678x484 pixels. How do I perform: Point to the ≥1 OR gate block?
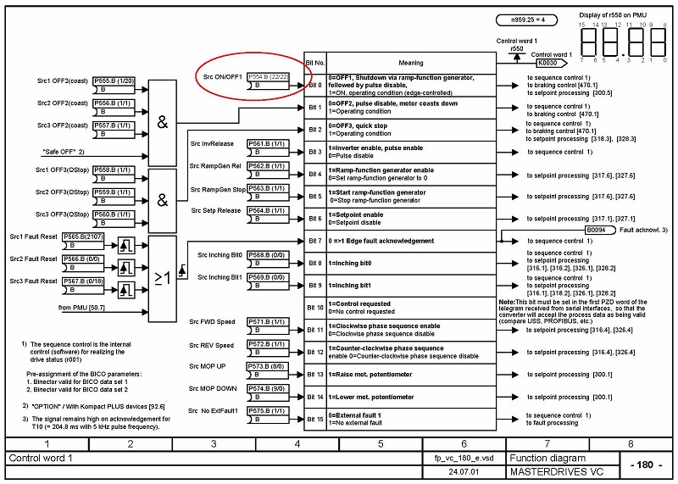pos(162,277)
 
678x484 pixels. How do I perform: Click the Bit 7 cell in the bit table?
pos(314,241)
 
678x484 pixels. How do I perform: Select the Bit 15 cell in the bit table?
pos(314,418)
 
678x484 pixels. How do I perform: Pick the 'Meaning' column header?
pos(410,63)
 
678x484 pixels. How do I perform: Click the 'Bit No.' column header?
pos(314,63)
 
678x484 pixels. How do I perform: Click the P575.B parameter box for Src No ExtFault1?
pos(266,411)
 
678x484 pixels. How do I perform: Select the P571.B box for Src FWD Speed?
pos(266,323)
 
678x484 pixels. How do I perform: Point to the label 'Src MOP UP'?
pos(208,366)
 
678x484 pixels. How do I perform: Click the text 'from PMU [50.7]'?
pos(84,307)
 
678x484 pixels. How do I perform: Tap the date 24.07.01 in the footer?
pos(464,471)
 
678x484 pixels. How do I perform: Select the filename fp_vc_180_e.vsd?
pos(464,458)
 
